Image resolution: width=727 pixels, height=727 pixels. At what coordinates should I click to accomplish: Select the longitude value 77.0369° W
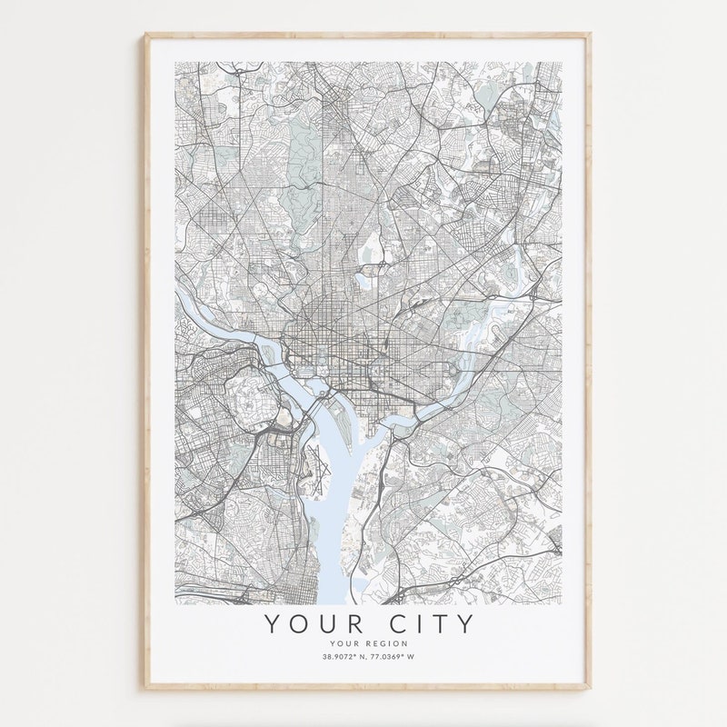coord(393,657)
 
